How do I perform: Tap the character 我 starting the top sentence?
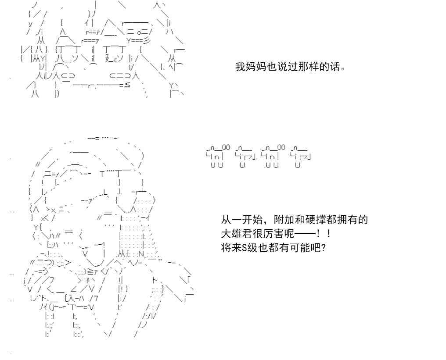(x=240, y=68)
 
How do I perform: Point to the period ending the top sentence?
(x=342, y=69)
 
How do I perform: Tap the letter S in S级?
(x=244, y=247)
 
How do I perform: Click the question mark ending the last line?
(x=323, y=247)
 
